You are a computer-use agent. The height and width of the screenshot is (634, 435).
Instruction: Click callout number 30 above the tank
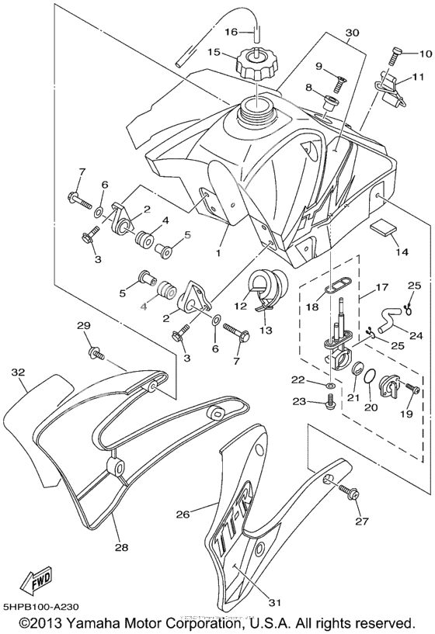352,33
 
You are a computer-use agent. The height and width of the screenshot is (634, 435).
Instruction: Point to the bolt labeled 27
347,489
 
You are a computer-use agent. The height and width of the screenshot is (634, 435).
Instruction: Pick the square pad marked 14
380,229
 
